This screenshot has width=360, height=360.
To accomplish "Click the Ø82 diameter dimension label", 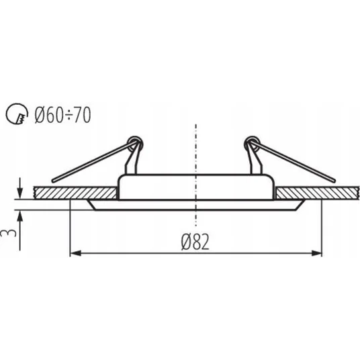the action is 195,242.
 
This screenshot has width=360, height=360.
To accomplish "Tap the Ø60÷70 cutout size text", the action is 62,115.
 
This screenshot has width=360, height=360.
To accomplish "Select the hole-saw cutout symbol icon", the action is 17,114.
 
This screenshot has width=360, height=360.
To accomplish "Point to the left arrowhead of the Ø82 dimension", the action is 75,253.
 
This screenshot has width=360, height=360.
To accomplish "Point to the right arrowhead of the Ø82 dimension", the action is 316,253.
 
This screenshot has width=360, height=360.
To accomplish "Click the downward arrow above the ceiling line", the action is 20,188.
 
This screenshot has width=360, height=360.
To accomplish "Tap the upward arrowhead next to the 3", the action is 20,217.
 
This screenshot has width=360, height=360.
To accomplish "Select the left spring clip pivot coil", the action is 135,144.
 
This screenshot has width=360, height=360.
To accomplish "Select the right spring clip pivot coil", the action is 252,144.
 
